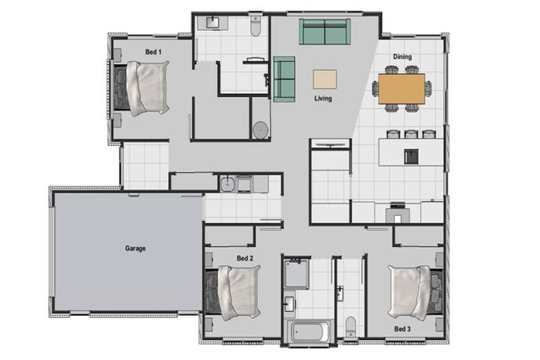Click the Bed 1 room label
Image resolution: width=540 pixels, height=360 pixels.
point(153,51)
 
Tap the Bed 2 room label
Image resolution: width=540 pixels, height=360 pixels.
point(245,258)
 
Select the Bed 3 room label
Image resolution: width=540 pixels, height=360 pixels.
point(401,328)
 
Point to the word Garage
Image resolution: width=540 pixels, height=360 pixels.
point(136,248)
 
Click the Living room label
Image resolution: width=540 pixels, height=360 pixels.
point(323,98)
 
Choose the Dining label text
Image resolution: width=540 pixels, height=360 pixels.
point(403,57)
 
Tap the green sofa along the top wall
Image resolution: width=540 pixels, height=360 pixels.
point(324,32)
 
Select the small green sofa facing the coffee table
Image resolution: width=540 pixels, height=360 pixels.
point(284,77)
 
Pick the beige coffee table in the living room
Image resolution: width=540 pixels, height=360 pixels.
point(325,77)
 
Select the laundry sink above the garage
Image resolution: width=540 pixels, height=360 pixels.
point(229,185)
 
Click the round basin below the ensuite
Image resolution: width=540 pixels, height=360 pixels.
point(260,130)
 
